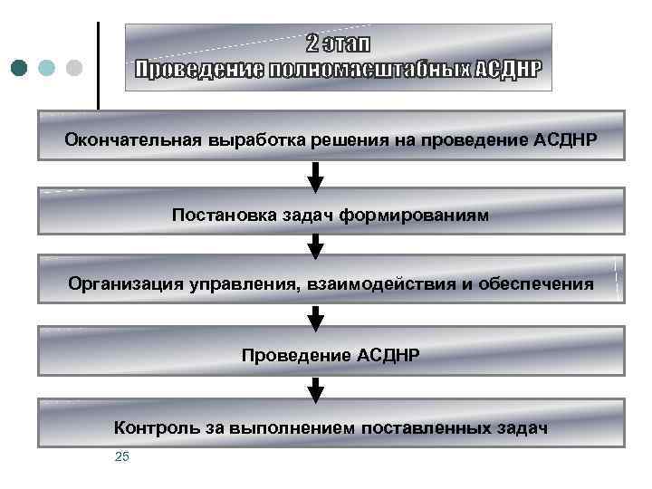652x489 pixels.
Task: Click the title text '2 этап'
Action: coord(338,44)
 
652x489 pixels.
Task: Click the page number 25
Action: coord(122,456)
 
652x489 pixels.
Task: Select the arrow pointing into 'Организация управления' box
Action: coord(315,244)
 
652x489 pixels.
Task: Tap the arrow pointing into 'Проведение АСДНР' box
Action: coord(315,317)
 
